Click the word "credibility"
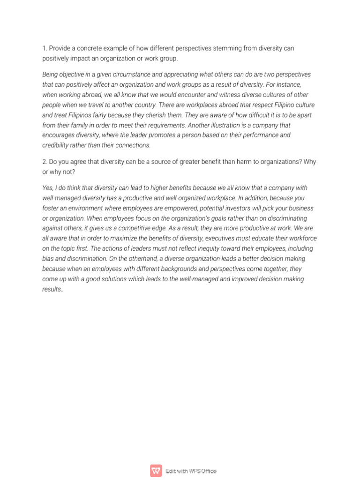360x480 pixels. point(56,145)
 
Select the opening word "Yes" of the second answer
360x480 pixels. point(47,188)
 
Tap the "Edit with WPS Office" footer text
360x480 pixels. point(191,471)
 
